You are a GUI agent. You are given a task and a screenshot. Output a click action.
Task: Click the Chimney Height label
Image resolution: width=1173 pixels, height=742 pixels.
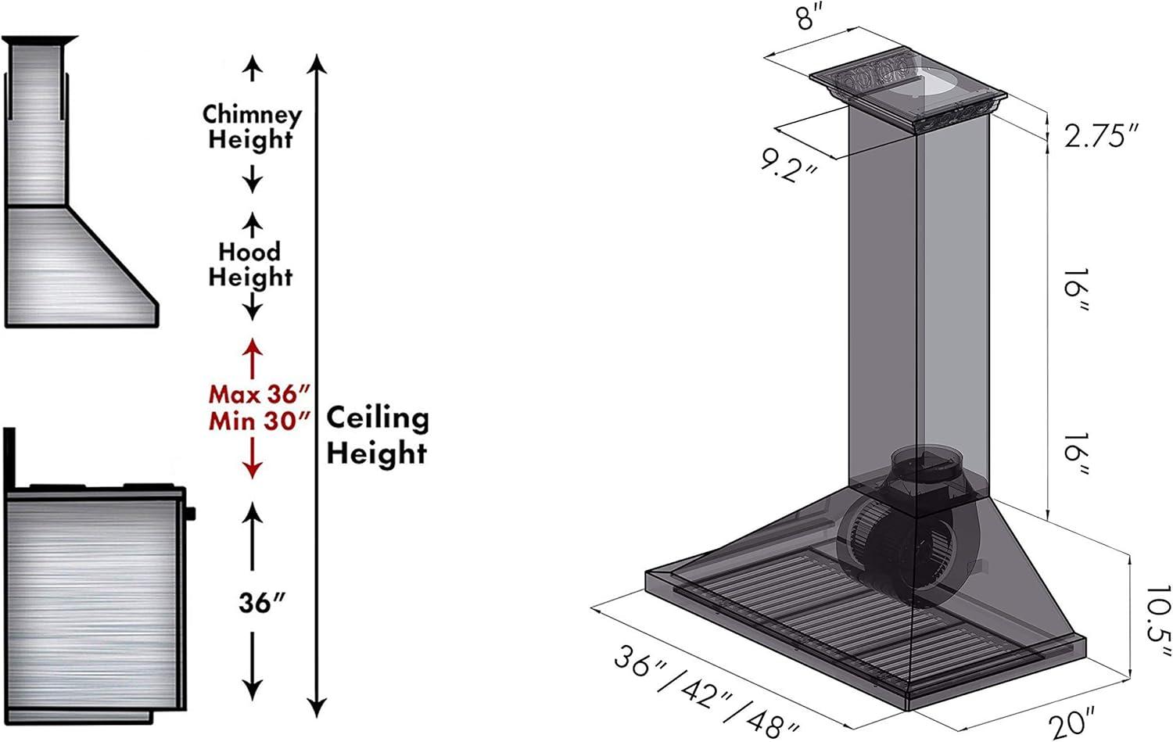click(x=252, y=127)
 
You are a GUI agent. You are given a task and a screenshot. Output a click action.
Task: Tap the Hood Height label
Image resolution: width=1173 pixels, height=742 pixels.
click(x=250, y=264)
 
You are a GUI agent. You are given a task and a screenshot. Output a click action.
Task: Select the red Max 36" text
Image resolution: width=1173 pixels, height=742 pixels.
click(x=260, y=394)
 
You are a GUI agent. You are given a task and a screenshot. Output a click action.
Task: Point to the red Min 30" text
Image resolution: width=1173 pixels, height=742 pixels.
click(x=260, y=421)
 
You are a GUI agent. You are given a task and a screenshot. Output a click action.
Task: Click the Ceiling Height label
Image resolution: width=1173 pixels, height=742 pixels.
click(x=378, y=436)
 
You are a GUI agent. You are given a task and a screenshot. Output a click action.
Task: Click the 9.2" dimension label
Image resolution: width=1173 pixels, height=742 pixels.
click(x=788, y=166)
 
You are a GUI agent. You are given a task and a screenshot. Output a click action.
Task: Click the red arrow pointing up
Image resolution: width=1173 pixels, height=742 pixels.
click(x=253, y=359)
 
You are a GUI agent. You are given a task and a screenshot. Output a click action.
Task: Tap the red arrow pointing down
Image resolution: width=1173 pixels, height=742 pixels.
click(x=253, y=457)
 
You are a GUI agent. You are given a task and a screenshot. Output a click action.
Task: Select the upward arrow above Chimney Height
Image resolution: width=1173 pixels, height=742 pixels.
click(x=253, y=68)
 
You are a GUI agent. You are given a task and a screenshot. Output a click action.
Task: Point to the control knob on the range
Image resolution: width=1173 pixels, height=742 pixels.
click(x=189, y=513)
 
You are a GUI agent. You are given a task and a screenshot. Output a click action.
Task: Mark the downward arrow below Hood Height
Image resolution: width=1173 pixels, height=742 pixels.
click(x=253, y=306)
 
